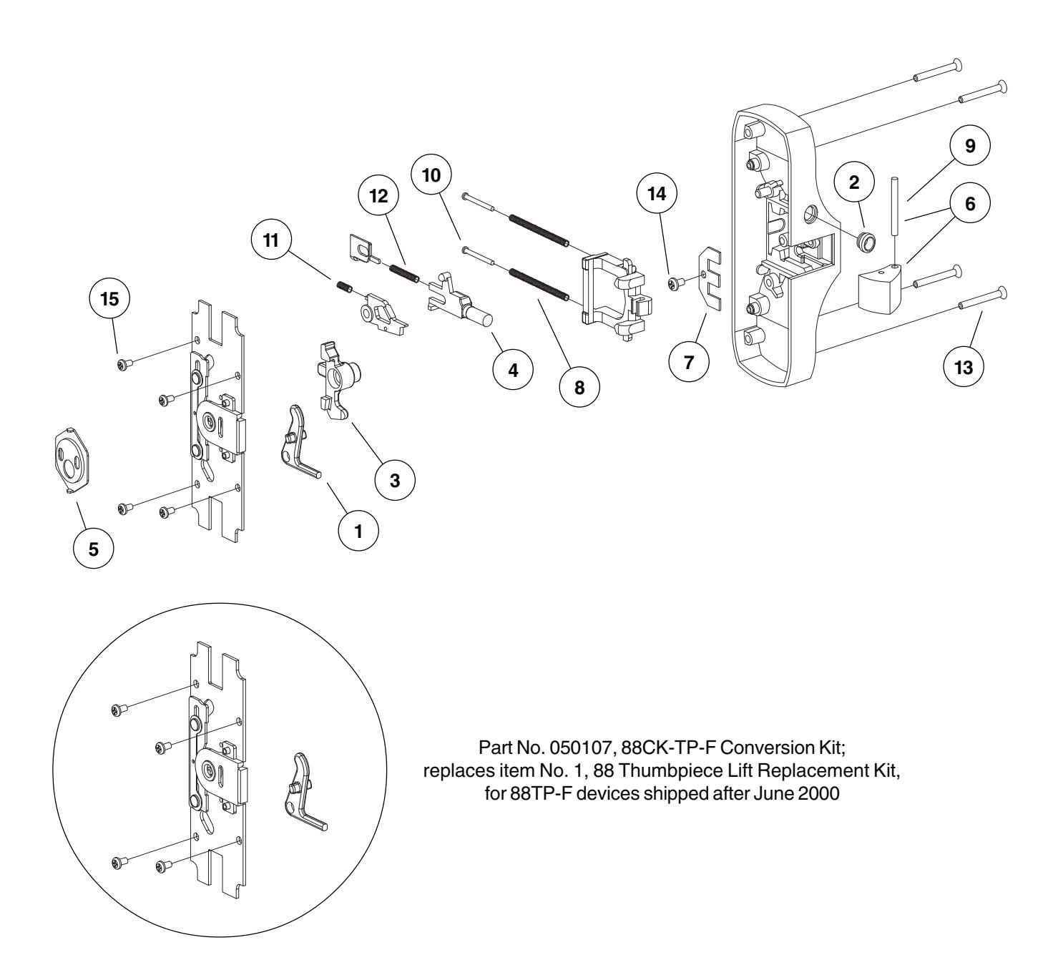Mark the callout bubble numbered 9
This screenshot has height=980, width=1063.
[x=969, y=146]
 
